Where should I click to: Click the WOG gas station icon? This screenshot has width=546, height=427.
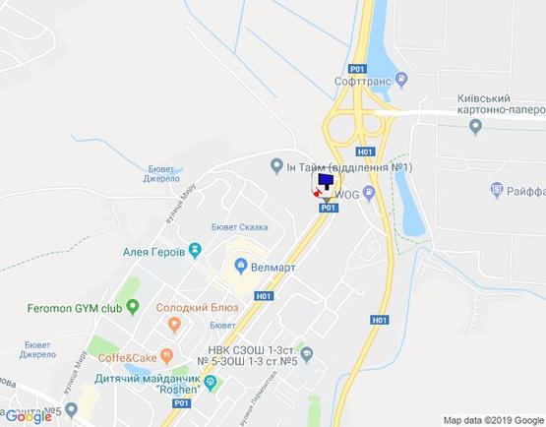[x=368, y=195]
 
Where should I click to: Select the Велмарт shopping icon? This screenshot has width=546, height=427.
[x=239, y=264]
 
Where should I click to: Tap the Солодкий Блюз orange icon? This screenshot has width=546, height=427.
[x=174, y=323]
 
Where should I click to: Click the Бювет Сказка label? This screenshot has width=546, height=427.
[x=239, y=227]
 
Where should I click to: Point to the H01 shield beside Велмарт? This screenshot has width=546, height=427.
[x=263, y=293]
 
